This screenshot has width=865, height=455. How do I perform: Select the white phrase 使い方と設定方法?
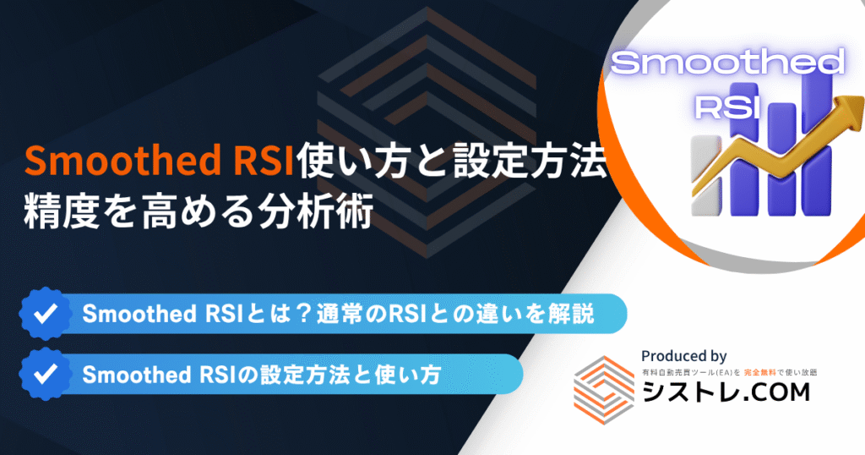click(452, 161)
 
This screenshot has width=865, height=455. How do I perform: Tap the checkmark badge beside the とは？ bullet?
click(46, 314)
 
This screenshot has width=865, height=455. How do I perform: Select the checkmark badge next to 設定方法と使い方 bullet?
click(46, 374)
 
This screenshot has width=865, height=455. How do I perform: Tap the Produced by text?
click(683, 356)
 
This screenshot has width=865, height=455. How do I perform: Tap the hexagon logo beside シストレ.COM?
click(604, 390)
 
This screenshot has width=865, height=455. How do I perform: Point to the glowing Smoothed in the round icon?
click(727, 63)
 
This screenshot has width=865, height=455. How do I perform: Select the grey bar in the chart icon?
click(705, 176)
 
